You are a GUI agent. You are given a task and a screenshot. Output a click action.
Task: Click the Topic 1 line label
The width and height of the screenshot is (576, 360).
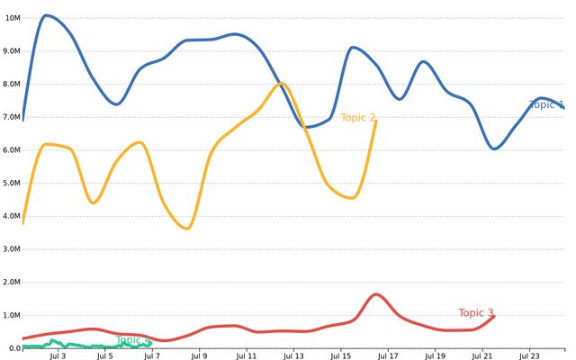tap(546, 105)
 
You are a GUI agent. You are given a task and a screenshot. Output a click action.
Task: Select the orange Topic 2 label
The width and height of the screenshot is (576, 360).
tap(358, 118)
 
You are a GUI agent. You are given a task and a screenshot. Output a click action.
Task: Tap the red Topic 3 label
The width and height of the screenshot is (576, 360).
tap(476, 313)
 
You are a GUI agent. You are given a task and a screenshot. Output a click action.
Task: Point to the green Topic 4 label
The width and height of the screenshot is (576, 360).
tap(133, 340)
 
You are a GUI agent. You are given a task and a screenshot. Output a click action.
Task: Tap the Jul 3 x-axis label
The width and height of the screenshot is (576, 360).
tap(58, 355)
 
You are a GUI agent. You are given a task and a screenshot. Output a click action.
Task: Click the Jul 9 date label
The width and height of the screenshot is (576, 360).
tap(199, 355)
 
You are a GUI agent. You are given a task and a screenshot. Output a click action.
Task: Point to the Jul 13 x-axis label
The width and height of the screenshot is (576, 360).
tap(293, 355)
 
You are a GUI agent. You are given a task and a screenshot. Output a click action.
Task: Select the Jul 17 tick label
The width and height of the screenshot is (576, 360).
tap(388, 355)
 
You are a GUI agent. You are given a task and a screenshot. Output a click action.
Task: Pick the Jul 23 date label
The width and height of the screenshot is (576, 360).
tap(529, 355)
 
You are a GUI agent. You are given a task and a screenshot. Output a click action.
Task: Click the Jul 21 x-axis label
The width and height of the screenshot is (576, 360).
tap(481, 355)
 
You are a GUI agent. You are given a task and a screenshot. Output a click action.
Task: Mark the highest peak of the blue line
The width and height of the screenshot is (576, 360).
tap(46, 15)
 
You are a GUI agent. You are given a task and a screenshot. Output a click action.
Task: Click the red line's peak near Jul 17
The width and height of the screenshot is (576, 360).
tap(376, 294)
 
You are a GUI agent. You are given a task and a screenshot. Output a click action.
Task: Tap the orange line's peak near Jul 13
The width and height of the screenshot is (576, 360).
tap(282, 84)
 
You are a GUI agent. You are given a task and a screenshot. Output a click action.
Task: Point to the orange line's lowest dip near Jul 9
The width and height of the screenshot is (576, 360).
tap(186, 229)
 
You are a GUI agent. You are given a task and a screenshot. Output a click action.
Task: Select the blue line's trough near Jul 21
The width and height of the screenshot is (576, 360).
tap(494, 148)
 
